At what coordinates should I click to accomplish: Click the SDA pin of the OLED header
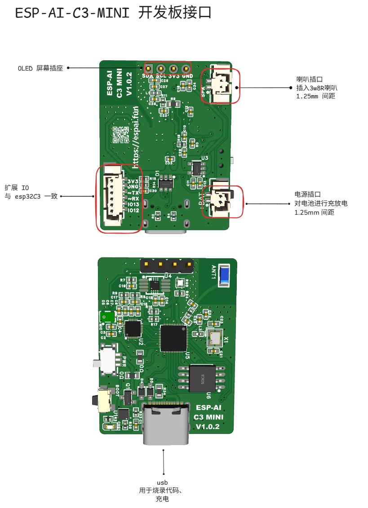[148, 68]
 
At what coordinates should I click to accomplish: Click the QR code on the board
[121, 134]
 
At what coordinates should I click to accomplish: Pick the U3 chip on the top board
[197, 168]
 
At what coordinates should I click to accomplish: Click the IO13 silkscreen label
[133, 204]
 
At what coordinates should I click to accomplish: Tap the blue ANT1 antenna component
[224, 275]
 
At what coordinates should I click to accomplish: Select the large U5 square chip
[173, 338]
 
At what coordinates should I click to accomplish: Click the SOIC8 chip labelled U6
[201, 378]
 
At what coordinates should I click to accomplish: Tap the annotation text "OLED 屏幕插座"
[40, 68]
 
